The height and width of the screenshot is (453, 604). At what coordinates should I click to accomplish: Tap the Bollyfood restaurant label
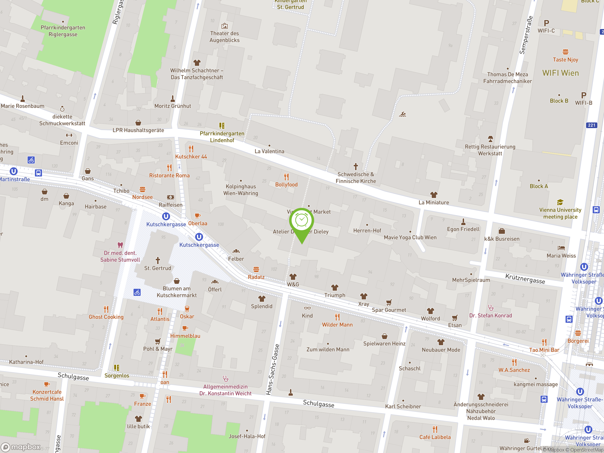pyautogui.click(x=286, y=185)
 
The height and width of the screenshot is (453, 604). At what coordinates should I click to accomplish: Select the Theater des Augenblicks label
pyautogui.click(x=224, y=37)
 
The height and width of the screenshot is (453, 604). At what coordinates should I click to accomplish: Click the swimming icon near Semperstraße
pyautogui.click(x=402, y=114)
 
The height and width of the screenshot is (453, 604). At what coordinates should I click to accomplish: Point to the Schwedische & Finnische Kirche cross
pyautogui.click(x=356, y=166)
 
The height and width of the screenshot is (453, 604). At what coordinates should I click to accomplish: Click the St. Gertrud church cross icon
pyautogui.click(x=158, y=260)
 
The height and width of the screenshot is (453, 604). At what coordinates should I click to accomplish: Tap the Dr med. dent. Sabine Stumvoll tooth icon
pyautogui.click(x=120, y=245)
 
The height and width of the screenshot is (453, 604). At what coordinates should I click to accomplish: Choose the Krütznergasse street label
pyautogui.click(x=525, y=278)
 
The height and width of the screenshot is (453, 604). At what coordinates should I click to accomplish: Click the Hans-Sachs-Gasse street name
pyautogui.click(x=273, y=369)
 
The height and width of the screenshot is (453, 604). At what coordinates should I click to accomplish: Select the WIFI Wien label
pyautogui.click(x=560, y=73)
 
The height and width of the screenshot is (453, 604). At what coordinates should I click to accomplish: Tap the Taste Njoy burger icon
pyautogui.click(x=565, y=52)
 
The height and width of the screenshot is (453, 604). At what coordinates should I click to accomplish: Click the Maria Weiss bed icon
pyautogui.click(x=561, y=248)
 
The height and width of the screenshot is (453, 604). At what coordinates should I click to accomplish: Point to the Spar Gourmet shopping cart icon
pyautogui.click(x=389, y=302)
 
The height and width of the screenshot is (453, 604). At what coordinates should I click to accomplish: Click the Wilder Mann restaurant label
pyautogui.click(x=337, y=325)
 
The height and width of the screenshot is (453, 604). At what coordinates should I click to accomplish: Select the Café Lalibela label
pyautogui.click(x=435, y=437)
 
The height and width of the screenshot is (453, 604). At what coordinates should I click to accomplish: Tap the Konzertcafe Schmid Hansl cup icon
pyautogui.click(x=47, y=384)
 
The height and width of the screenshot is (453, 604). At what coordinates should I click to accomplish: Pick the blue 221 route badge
pyautogui.click(x=591, y=125)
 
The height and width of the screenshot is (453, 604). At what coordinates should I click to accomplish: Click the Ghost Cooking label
pyautogui.click(x=106, y=317)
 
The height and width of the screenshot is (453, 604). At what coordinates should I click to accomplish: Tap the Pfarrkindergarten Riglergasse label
pyautogui.click(x=63, y=31)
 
